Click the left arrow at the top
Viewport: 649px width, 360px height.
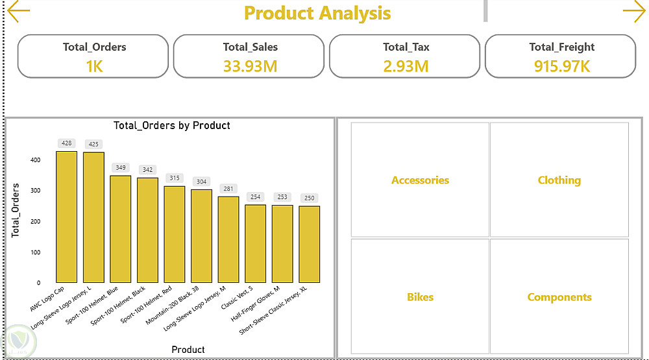pyautogui.click(x=19, y=11)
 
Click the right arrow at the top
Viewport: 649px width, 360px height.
pyautogui.click(x=634, y=11)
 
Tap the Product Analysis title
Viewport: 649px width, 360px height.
pyautogui.click(x=317, y=13)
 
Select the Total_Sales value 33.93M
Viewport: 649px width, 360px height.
pyautogui.click(x=250, y=66)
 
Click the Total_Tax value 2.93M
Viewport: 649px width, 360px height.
pyautogui.click(x=406, y=66)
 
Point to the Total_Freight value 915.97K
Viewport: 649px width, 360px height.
pyautogui.click(x=561, y=66)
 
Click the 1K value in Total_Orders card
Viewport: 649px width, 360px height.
pyautogui.click(x=94, y=66)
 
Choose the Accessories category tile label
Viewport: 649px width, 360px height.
pyautogui.click(x=420, y=180)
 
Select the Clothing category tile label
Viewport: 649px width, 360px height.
pyautogui.click(x=559, y=180)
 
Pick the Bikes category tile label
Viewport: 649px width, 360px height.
pyautogui.click(x=420, y=297)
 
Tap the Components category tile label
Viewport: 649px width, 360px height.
pyautogui.click(x=559, y=298)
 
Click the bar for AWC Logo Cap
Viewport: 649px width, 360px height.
pyautogui.click(x=67, y=217)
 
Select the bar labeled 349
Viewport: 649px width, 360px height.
pyautogui.click(x=121, y=229)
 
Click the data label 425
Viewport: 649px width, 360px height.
pyautogui.click(x=93, y=144)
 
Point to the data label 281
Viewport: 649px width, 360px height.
pyautogui.click(x=228, y=189)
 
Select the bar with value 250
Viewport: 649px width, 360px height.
pyautogui.click(x=309, y=245)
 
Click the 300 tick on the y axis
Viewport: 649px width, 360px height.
pyautogui.click(x=35, y=191)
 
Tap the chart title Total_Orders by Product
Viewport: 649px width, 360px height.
pyautogui.click(x=172, y=125)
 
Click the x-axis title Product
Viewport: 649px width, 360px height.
pyautogui.click(x=188, y=350)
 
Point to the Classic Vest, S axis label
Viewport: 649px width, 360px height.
pyautogui.click(x=237, y=298)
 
